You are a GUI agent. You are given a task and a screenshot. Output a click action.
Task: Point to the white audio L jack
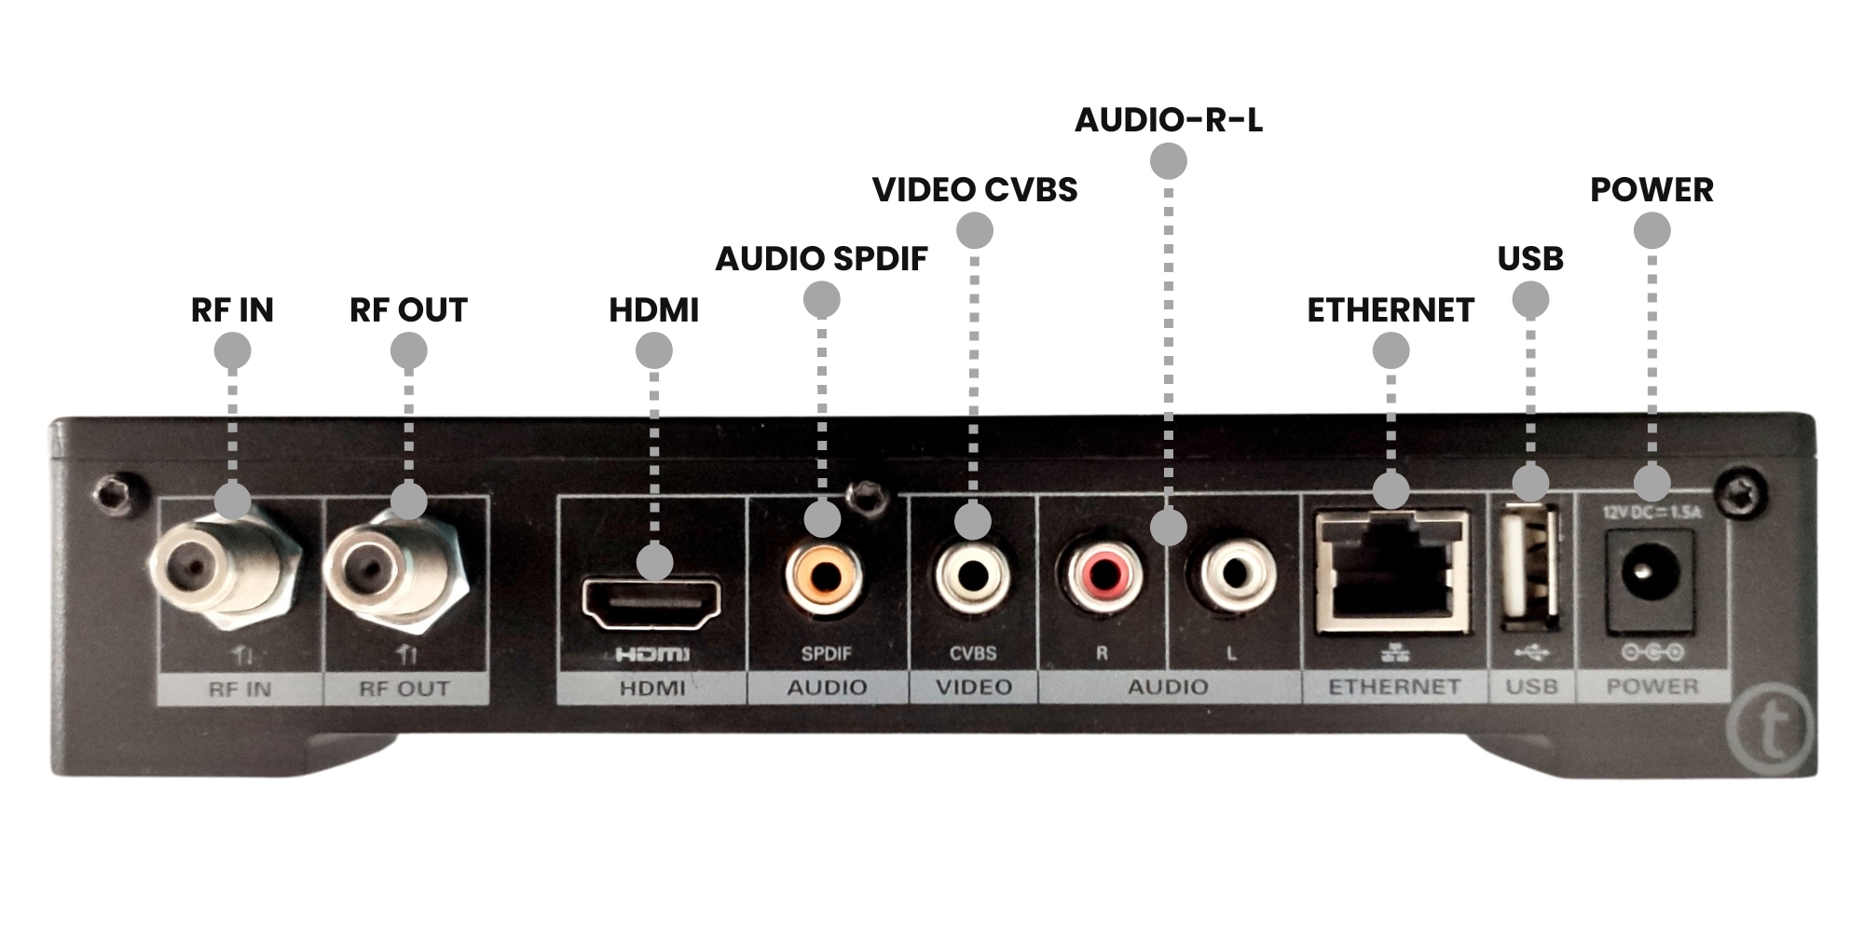[x=1237, y=573]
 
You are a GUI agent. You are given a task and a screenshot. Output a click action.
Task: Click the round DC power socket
[x=1652, y=570]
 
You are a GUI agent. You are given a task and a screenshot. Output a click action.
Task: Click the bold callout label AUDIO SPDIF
[x=821, y=259]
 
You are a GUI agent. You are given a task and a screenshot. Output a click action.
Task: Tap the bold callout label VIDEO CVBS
[x=975, y=190]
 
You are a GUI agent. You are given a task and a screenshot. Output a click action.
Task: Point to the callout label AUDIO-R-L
[x=1169, y=120]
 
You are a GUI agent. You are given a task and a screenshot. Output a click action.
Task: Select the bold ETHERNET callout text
[x=1391, y=310]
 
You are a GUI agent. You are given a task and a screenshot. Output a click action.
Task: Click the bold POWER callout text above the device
[x=1652, y=190]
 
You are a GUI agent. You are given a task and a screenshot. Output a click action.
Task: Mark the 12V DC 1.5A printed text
[x=1652, y=512]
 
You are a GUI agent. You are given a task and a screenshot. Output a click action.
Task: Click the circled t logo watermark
[x=1771, y=730]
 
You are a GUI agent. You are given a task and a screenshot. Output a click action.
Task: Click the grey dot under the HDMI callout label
[x=653, y=351]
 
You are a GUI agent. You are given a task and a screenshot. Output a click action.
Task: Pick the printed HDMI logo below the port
[x=652, y=654]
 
